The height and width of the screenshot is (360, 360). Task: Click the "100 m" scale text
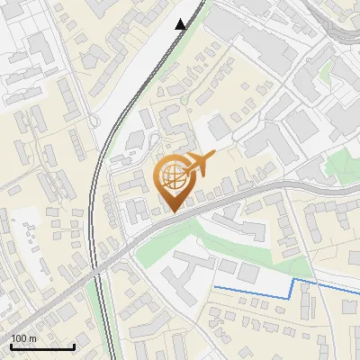[x=23, y=338]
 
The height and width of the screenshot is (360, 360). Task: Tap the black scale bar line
[x=42, y=346]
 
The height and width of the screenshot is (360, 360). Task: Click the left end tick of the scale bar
[x=11, y=345]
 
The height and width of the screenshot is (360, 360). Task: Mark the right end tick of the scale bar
[x=74, y=345]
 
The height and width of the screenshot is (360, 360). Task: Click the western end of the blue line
[x=214, y=287]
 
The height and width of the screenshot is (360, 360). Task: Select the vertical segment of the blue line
[x=293, y=288]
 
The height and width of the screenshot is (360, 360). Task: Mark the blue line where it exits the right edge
[x=356, y=288]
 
